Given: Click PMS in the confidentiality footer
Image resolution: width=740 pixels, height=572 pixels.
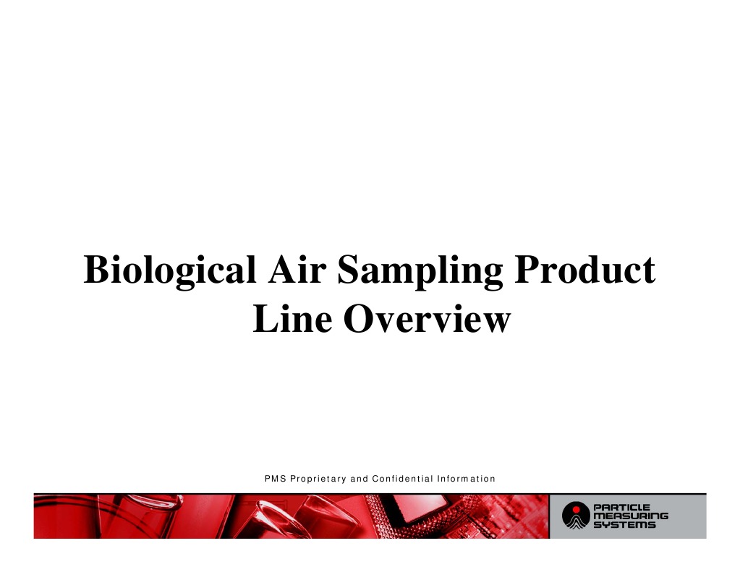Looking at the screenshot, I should point(275,479).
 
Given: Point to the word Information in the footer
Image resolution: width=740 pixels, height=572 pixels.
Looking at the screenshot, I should point(467,479).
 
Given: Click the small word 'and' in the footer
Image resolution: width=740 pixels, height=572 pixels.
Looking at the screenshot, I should point(359,479).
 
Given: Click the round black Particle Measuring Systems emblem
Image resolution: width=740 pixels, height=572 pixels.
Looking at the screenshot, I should point(576,516).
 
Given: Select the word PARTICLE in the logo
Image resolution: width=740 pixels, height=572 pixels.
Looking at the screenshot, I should point(622,507).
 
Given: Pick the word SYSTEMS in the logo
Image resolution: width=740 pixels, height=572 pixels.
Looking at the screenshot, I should point(625,525).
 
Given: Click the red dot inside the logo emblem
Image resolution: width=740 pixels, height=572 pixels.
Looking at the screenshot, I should point(576,510).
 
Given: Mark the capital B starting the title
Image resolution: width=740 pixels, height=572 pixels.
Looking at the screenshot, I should point(95,270).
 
